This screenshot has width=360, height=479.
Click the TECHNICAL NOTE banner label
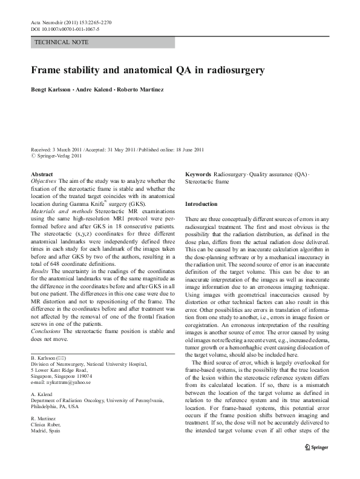click(62, 42)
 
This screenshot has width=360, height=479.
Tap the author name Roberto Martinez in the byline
click(147, 90)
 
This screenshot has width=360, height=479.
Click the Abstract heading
click(41, 174)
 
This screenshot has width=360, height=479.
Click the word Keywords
click(198, 174)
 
